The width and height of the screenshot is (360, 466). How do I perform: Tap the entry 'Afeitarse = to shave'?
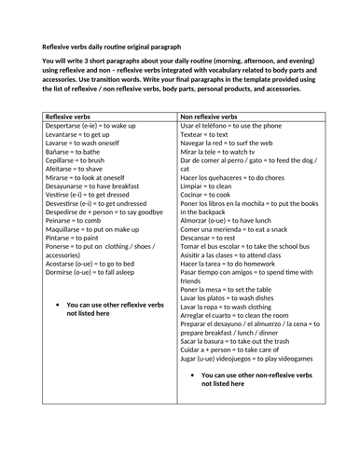(x=77, y=197)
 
